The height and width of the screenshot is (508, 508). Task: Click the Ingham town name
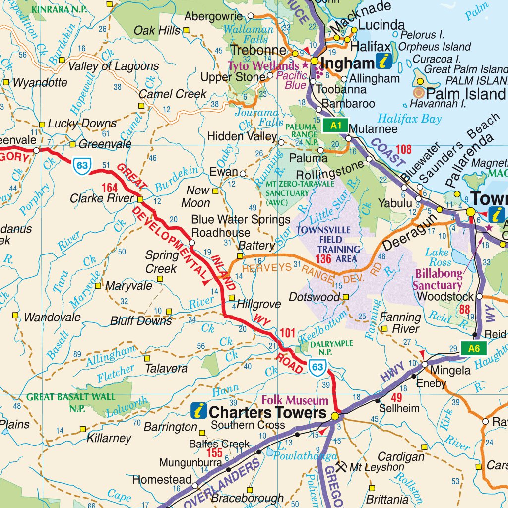point(348,63)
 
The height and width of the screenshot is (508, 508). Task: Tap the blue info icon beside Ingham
point(384,61)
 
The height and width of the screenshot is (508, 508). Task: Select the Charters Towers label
point(267,413)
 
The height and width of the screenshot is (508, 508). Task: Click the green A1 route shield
point(336,126)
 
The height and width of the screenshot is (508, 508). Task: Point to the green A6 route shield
point(474,349)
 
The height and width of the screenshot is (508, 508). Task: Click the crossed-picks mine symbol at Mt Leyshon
point(341,466)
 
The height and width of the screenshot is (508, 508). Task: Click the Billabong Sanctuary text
point(438,279)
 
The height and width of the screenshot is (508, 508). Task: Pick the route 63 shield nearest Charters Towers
point(317,368)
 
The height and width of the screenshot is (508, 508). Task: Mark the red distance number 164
point(109,188)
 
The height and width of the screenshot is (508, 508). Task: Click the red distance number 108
point(404,149)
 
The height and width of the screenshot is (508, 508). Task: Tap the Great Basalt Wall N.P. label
point(71,401)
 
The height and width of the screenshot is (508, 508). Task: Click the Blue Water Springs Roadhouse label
point(241,226)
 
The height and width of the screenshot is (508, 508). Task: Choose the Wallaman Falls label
point(248,34)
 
